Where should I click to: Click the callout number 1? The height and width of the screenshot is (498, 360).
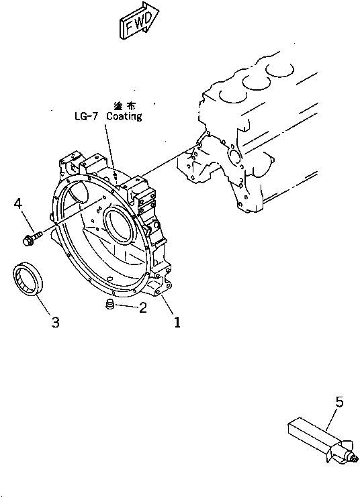click(x=177, y=322)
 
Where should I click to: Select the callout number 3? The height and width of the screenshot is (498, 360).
click(x=55, y=322)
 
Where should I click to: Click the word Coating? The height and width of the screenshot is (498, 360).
click(x=124, y=116)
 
